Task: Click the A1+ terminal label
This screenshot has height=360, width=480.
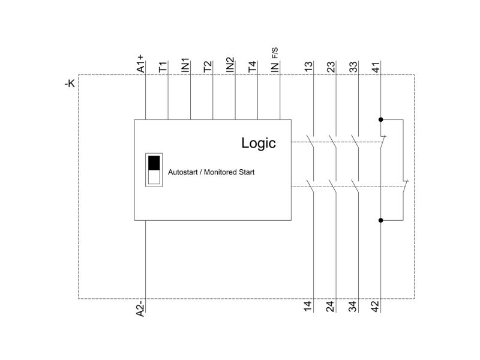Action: [x=140, y=64]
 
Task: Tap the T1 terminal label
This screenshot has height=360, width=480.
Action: [x=163, y=67]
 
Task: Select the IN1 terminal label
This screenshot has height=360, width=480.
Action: [x=185, y=65]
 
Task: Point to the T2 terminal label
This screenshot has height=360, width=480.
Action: [x=208, y=67]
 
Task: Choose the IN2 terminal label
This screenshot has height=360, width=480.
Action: [x=230, y=65]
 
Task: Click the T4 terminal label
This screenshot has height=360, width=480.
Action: [x=252, y=67]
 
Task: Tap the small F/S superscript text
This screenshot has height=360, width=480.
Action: [x=275, y=53]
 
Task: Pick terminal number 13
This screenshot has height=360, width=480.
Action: [x=308, y=67]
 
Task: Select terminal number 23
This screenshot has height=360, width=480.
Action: [x=331, y=67]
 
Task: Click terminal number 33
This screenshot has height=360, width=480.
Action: [x=353, y=67]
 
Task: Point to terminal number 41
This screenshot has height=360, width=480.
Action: [x=376, y=67]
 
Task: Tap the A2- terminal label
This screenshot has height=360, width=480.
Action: [x=140, y=308]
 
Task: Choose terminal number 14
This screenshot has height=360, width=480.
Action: [x=308, y=306]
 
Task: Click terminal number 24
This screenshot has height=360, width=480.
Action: [x=330, y=306]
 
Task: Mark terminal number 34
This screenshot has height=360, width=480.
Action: [x=352, y=306]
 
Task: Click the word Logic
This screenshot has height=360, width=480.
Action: [x=259, y=143]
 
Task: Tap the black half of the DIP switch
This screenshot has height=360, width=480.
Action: [x=154, y=163]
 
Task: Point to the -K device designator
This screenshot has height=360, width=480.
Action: [x=70, y=83]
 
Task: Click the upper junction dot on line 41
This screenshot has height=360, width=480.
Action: [x=381, y=119]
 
